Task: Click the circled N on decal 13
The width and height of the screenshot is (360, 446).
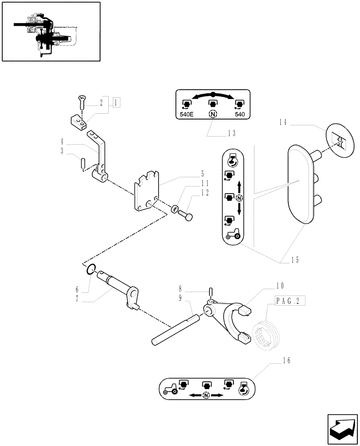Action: pos(213,114)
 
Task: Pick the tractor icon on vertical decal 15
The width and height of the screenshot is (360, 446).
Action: pos(232,234)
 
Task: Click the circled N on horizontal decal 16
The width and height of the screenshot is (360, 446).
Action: pos(206,396)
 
